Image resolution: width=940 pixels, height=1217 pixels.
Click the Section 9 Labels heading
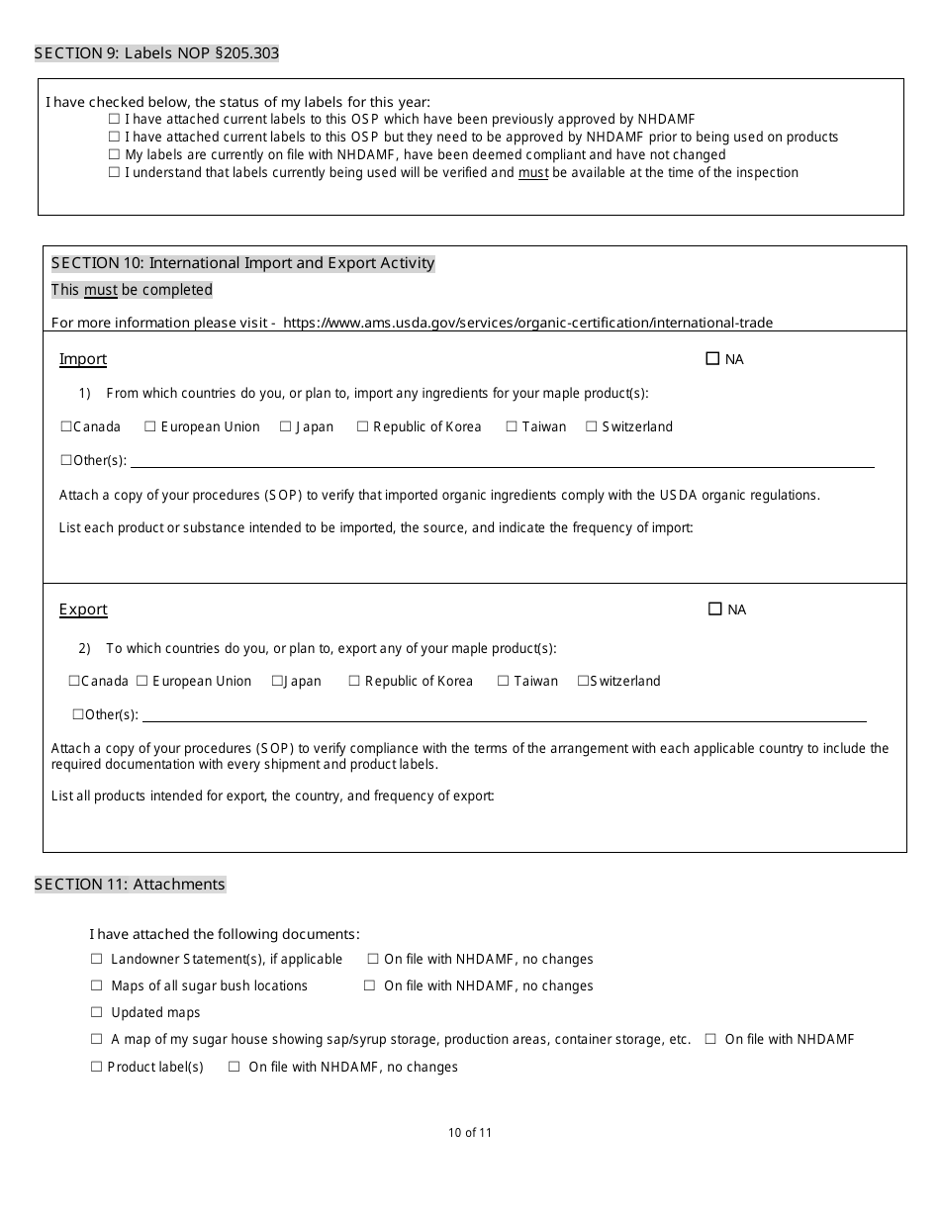coord(156,53)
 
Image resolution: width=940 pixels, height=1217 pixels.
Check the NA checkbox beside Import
coord(712,359)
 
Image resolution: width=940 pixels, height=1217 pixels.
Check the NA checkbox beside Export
coord(715,609)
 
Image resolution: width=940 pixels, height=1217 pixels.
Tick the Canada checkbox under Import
coord(66,426)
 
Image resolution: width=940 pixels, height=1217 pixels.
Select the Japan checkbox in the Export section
coord(278,681)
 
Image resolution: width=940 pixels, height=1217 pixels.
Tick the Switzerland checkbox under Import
coord(592,426)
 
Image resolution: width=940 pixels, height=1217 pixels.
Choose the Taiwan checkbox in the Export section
coord(504,681)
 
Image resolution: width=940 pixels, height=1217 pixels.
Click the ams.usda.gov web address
coord(527,323)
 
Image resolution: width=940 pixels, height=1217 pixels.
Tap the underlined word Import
coord(83,359)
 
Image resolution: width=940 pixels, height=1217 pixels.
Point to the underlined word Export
coord(83,609)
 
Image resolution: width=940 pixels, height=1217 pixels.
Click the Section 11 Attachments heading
coord(130,885)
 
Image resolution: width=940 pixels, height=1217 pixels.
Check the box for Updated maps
coord(97,1012)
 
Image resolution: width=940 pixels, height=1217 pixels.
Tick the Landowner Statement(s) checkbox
coord(97,959)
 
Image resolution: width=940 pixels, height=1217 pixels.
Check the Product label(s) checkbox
coord(97,1067)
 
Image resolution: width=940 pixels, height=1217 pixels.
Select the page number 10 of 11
coord(469,1133)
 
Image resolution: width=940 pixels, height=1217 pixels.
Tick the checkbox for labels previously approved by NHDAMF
coord(114,120)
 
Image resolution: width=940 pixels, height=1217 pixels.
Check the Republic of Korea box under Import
coord(363,426)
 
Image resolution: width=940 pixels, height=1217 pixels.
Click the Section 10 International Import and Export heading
coord(242,263)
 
